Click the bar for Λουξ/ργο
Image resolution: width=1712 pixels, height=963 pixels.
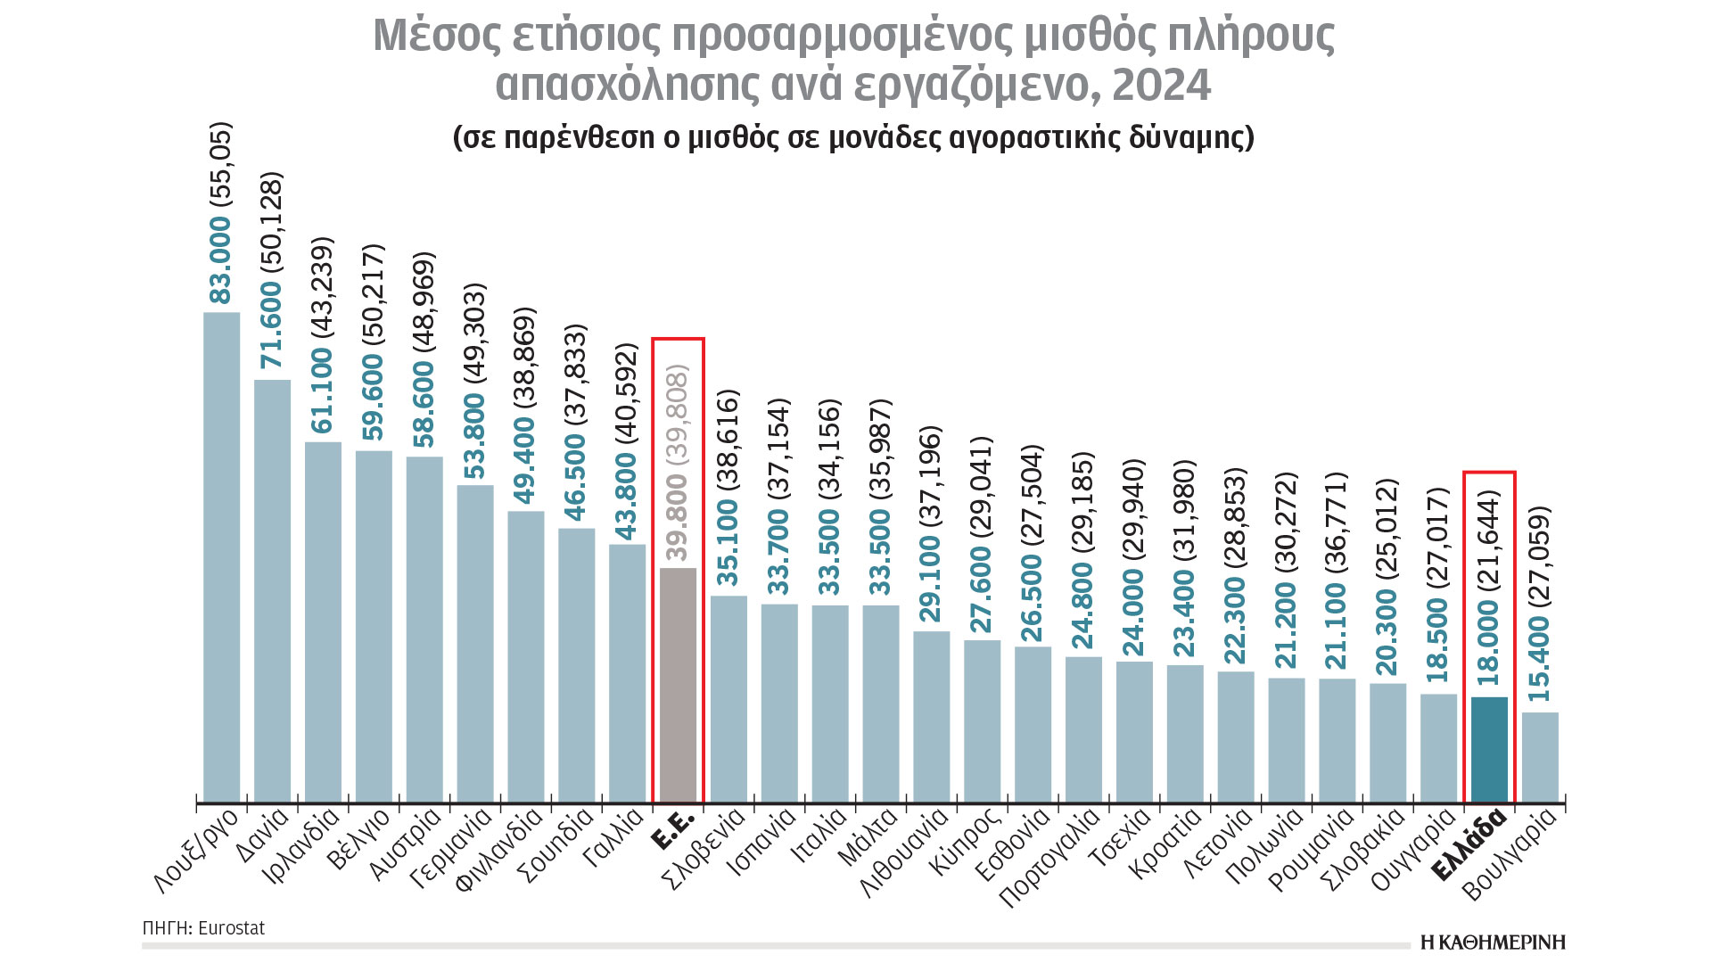click(x=222, y=557)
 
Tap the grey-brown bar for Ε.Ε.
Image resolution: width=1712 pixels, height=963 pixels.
click(x=678, y=685)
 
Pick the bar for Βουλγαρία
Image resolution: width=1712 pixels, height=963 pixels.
click(x=1540, y=757)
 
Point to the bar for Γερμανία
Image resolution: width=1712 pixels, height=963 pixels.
click(x=475, y=644)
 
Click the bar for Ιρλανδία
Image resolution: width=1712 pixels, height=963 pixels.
click(x=323, y=622)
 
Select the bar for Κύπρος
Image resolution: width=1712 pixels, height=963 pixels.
click(x=983, y=721)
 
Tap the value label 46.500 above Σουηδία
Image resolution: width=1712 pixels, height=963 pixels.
click(x=576, y=477)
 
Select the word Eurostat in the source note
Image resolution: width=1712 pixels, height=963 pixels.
click(x=231, y=928)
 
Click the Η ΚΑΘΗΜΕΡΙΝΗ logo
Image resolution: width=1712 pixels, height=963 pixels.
click(x=1493, y=942)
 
